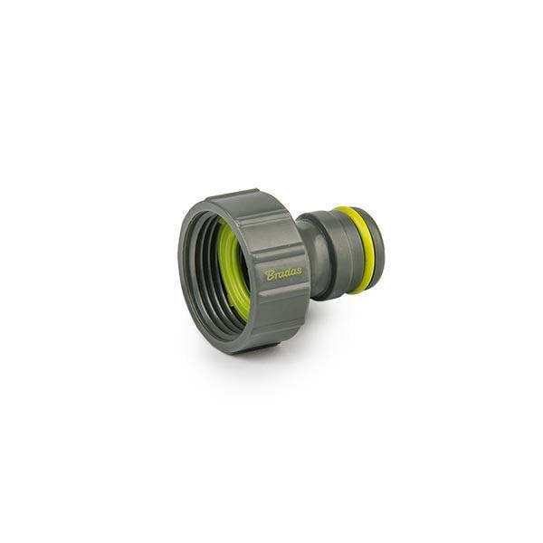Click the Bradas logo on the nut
(283, 273)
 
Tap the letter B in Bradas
(270, 274)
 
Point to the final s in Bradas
(299, 271)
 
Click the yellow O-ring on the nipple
(357, 249)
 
